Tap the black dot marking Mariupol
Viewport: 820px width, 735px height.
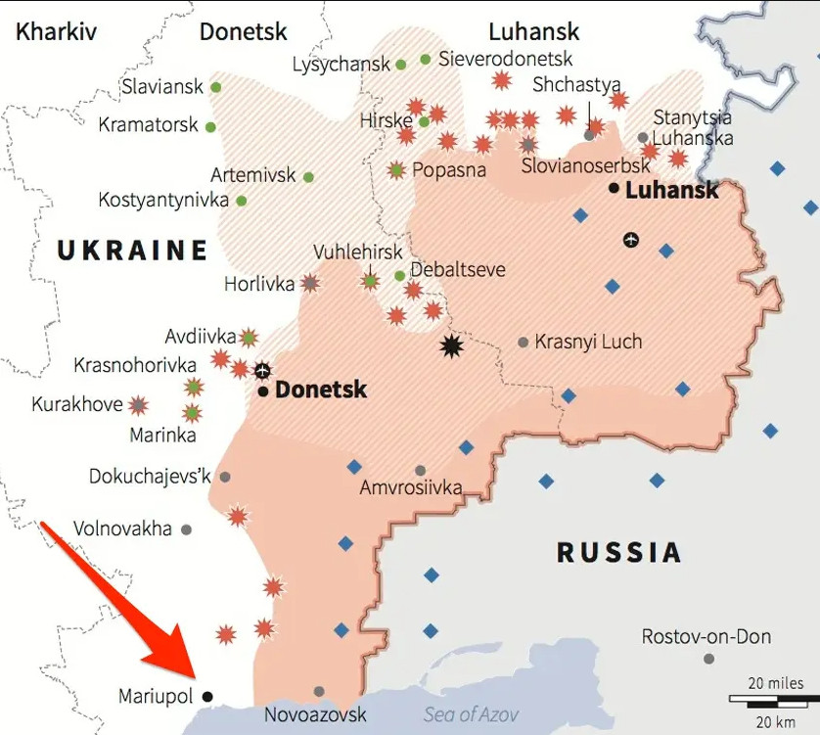(207, 697)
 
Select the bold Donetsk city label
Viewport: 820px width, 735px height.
(320, 390)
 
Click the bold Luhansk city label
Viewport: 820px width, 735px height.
(671, 190)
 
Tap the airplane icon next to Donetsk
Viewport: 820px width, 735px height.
(262, 370)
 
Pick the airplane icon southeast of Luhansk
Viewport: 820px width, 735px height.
(631, 239)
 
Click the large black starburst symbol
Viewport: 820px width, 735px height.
(451, 345)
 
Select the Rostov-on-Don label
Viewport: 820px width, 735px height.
(706, 637)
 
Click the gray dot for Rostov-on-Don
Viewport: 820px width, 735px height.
(708, 659)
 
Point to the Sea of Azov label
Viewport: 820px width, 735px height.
(471, 714)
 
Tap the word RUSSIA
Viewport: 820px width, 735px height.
(618, 553)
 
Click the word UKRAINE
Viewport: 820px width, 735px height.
(132, 251)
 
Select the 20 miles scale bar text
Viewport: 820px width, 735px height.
(776, 683)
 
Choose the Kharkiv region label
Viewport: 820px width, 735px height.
(56, 31)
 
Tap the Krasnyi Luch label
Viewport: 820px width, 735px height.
(588, 342)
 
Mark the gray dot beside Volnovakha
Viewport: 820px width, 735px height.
(186, 529)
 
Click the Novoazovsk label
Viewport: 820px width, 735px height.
(315, 714)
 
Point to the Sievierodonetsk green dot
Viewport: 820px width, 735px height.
(426, 60)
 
